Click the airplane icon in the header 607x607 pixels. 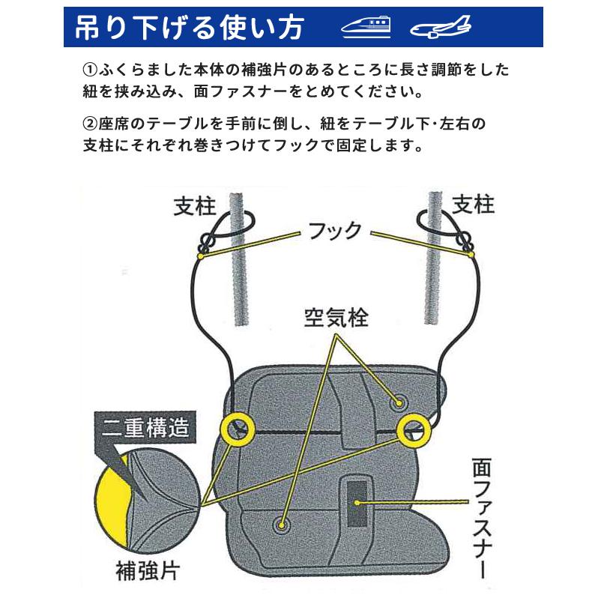[441, 28]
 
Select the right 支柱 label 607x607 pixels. [473, 204]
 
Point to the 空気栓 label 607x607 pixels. [336, 317]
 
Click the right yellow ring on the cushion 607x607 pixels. [414, 429]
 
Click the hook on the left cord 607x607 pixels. [205, 244]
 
